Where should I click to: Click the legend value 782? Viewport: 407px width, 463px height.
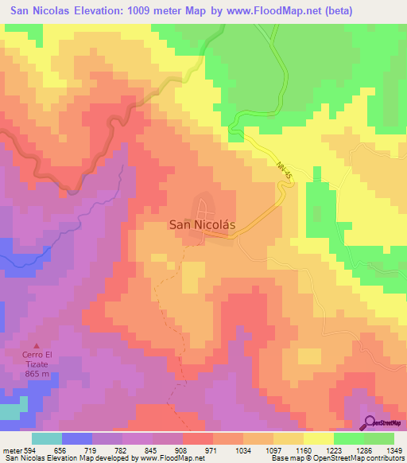point(119,449)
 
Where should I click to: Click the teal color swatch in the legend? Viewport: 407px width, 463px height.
point(47,438)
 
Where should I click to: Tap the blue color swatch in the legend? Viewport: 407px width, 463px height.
point(77,438)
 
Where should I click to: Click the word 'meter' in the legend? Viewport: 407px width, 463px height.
point(11,449)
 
